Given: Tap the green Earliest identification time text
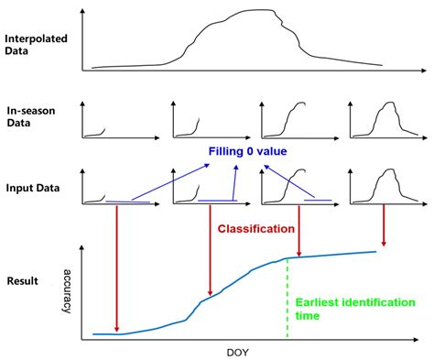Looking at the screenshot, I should click(x=355, y=309).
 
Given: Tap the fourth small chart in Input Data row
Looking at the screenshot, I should click(x=385, y=187).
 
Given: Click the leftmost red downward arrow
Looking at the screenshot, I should click(x=117, y=270).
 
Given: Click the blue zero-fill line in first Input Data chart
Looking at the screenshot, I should click(x=128, y=202).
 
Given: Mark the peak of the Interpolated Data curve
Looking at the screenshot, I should click(x=252, y=11).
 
